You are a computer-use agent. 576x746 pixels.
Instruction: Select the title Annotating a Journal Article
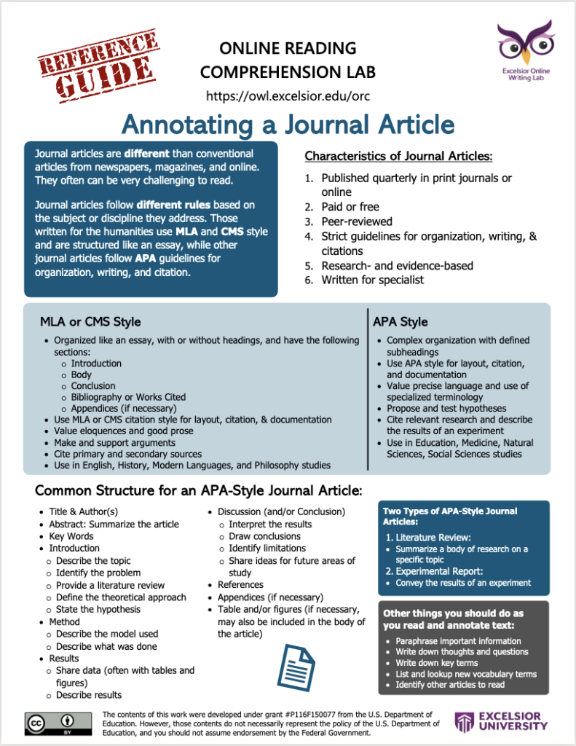pyautogui.click(x=288, y=125)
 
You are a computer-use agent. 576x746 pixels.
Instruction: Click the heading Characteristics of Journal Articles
pyautogui.click(x=398, y=157)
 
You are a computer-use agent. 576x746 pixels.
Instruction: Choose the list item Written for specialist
pyautogui.click(x=372, y=280)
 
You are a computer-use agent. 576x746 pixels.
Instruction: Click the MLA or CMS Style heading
pyautogui.click(x=90, y=321)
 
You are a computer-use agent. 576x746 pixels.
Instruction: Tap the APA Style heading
pyautogui.click(x=400, y=321)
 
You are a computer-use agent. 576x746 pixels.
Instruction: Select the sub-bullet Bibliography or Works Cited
pyautogui.click(x=128, y=397)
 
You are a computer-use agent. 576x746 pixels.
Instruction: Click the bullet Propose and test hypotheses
pyautogui.click(x=446, y=409)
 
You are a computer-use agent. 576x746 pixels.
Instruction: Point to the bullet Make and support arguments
pyautogui.click(x=114, y=442)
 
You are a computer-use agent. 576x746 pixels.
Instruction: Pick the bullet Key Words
pyautogui.click(x=71, y=536)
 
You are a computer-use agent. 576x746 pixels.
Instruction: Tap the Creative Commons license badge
pyautogui.click(x=59, y=722)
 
